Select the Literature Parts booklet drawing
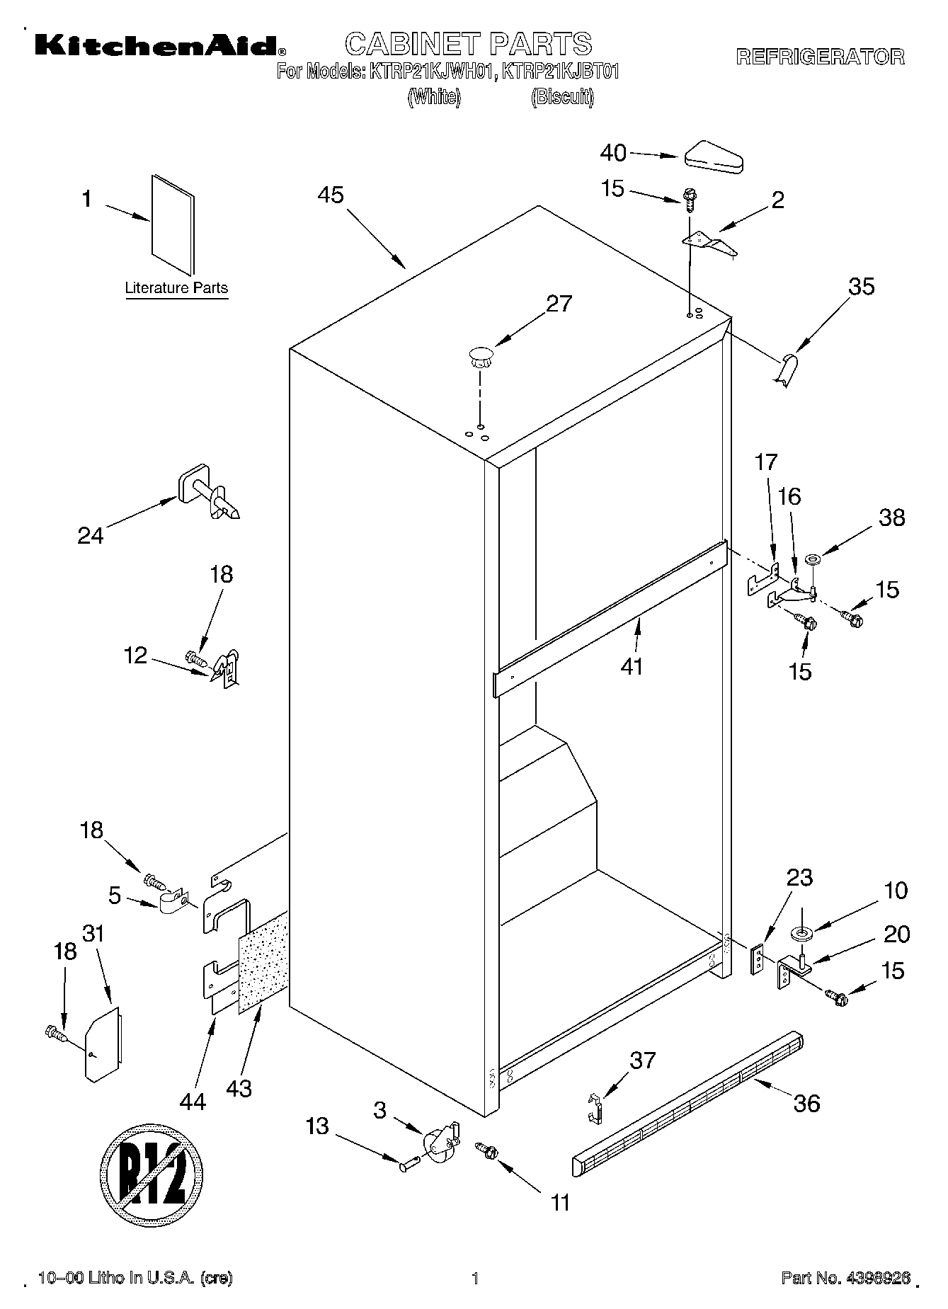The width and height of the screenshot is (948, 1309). point(172,224)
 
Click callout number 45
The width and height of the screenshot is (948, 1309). point(330,195)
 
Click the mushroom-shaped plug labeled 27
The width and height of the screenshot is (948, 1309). point(480,355)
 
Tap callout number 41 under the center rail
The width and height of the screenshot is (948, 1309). point(632,666)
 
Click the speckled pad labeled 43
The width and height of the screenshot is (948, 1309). point(263,961)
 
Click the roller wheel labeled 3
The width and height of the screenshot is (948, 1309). point(440,1139)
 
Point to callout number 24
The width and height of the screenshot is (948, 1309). point(91,535)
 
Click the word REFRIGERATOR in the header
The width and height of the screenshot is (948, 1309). point(820,57)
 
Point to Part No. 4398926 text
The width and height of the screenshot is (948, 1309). point(845,1278)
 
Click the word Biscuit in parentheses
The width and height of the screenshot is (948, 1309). point(562,98)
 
